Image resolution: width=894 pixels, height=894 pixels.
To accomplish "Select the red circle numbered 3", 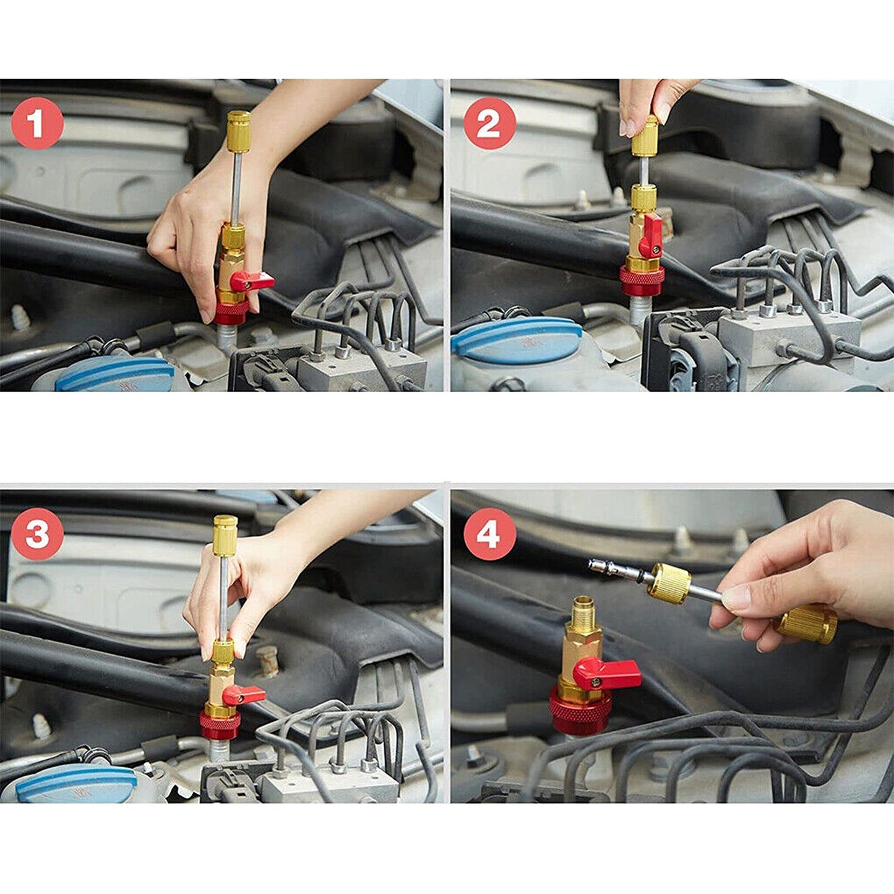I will coord(37,534).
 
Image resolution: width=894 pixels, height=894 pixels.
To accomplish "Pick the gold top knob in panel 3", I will coord(225,536).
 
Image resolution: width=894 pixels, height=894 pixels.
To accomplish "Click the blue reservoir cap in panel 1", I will coord(114,375).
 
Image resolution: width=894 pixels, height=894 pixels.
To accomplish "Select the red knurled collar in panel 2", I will coord(642,280).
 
